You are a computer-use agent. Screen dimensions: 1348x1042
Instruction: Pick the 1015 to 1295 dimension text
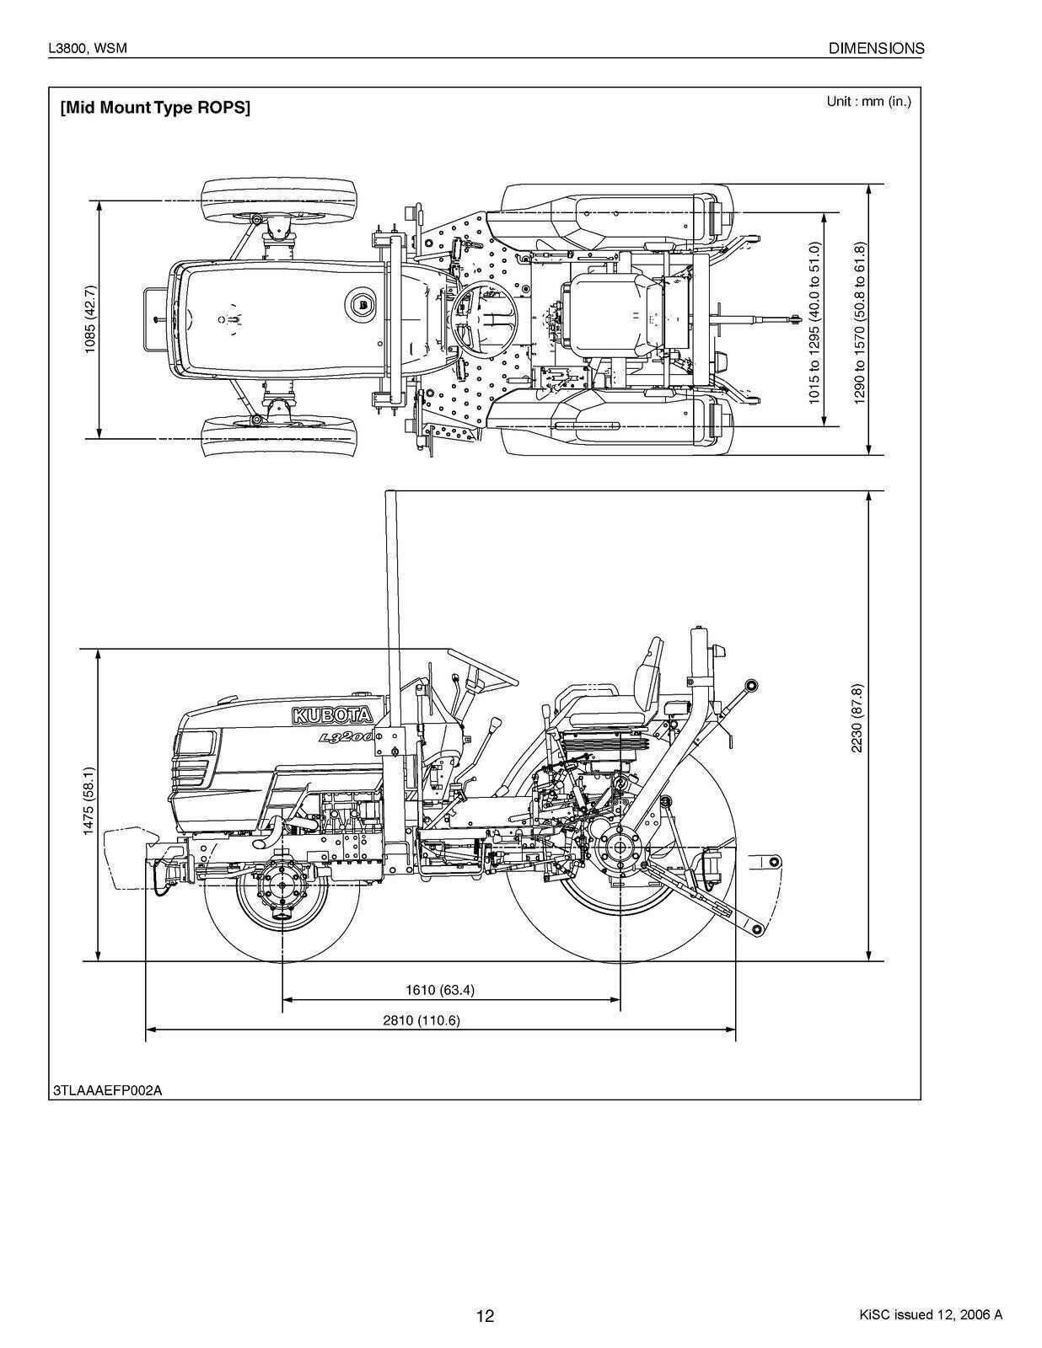[814, 323]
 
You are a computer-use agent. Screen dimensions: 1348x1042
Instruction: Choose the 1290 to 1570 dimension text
[859, 323]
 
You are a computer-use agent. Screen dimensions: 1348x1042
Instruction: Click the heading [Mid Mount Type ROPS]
[155, 108]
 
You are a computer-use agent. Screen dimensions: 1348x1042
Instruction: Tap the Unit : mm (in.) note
[868, 102]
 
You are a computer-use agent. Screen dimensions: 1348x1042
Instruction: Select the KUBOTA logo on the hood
[332, 716]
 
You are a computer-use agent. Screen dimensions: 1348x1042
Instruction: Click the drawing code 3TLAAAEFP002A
[107, 1090]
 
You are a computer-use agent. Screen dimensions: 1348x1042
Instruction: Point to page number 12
[485, 1316]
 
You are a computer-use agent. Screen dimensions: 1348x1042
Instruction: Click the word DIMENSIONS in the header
[876, 49]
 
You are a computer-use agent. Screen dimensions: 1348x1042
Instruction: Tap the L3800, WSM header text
[88, 49]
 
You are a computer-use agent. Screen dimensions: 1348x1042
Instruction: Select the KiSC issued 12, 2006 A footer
[930, 1315]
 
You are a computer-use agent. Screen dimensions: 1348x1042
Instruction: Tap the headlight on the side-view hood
[196, 742]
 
